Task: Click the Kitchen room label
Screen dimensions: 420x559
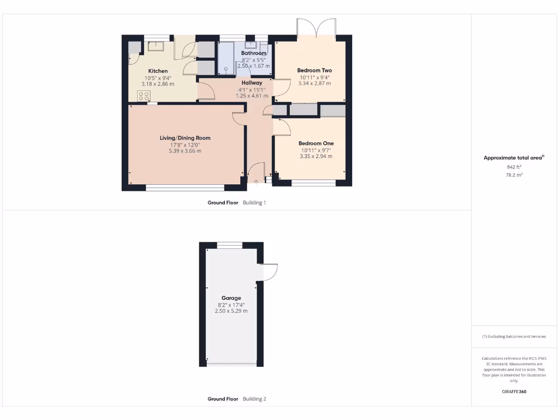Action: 158,71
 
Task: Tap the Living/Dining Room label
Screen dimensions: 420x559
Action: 185,138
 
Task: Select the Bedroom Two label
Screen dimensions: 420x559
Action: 314,71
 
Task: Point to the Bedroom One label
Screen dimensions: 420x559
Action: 316,143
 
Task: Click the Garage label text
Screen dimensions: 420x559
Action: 231,298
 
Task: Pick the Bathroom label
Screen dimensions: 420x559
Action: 254,53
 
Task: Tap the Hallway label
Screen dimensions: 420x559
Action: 252,83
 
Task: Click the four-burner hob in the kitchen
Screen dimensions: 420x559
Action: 144,96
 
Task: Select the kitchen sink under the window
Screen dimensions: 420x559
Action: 157,45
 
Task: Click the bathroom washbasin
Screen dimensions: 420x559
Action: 252,45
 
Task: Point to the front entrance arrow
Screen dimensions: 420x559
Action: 256,182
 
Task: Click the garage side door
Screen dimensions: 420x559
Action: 270,272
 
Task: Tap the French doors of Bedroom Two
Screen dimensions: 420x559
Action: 316,28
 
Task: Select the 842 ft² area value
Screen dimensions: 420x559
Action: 514,167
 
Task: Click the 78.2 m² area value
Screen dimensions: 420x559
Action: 514,175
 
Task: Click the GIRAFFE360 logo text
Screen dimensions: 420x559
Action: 514,392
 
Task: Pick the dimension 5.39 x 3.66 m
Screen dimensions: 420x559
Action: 185,150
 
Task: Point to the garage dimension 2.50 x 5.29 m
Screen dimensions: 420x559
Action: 231,311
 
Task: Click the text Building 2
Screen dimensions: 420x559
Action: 254,399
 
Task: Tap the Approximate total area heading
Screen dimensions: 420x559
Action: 513,157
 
